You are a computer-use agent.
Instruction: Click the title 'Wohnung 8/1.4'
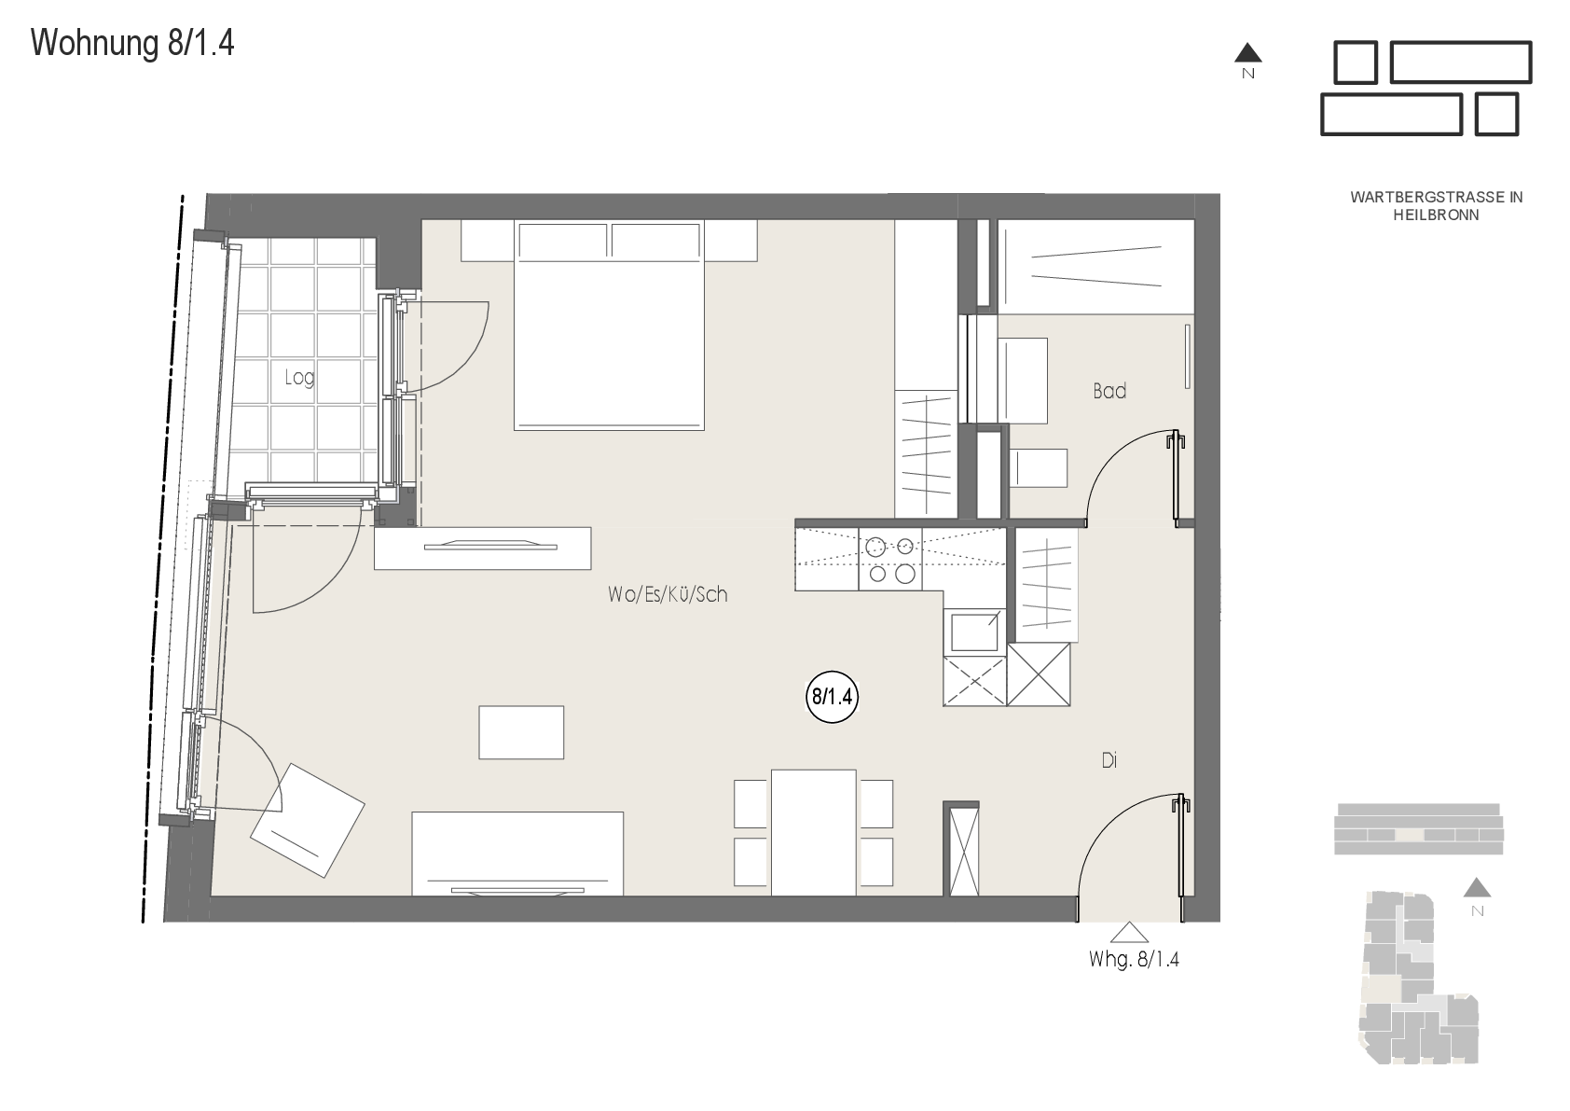[x=132, y=44]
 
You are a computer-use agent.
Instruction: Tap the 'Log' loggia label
[x=299, y=378]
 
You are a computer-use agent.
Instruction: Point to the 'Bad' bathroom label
[x=1109, y=391]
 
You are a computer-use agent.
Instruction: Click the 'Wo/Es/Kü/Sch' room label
[x=668, y=595]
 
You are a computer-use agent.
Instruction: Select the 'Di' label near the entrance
[x=1109, y=760]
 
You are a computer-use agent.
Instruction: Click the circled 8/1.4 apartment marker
[x=832, y=697]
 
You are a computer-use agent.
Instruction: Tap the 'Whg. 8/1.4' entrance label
[x=1134, y=960]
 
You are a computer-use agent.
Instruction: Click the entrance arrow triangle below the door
[x=1129, y=932]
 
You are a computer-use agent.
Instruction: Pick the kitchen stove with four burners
[x=890, y=559]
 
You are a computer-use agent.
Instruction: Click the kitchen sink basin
[x=974, y=632]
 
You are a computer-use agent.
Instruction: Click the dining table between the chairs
[x=813, y=832]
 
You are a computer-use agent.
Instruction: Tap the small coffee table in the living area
[x=521, y=732]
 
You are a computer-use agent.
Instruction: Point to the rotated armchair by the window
[x=307, y=820]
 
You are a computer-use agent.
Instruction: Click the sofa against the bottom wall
[x=517, y=854]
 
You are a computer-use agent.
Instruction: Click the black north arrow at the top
[x=1248, y=52]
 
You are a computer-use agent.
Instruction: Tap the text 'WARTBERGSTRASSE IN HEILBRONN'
[x=1436, y=206]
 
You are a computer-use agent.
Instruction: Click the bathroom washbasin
[x=1023, y=381]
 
